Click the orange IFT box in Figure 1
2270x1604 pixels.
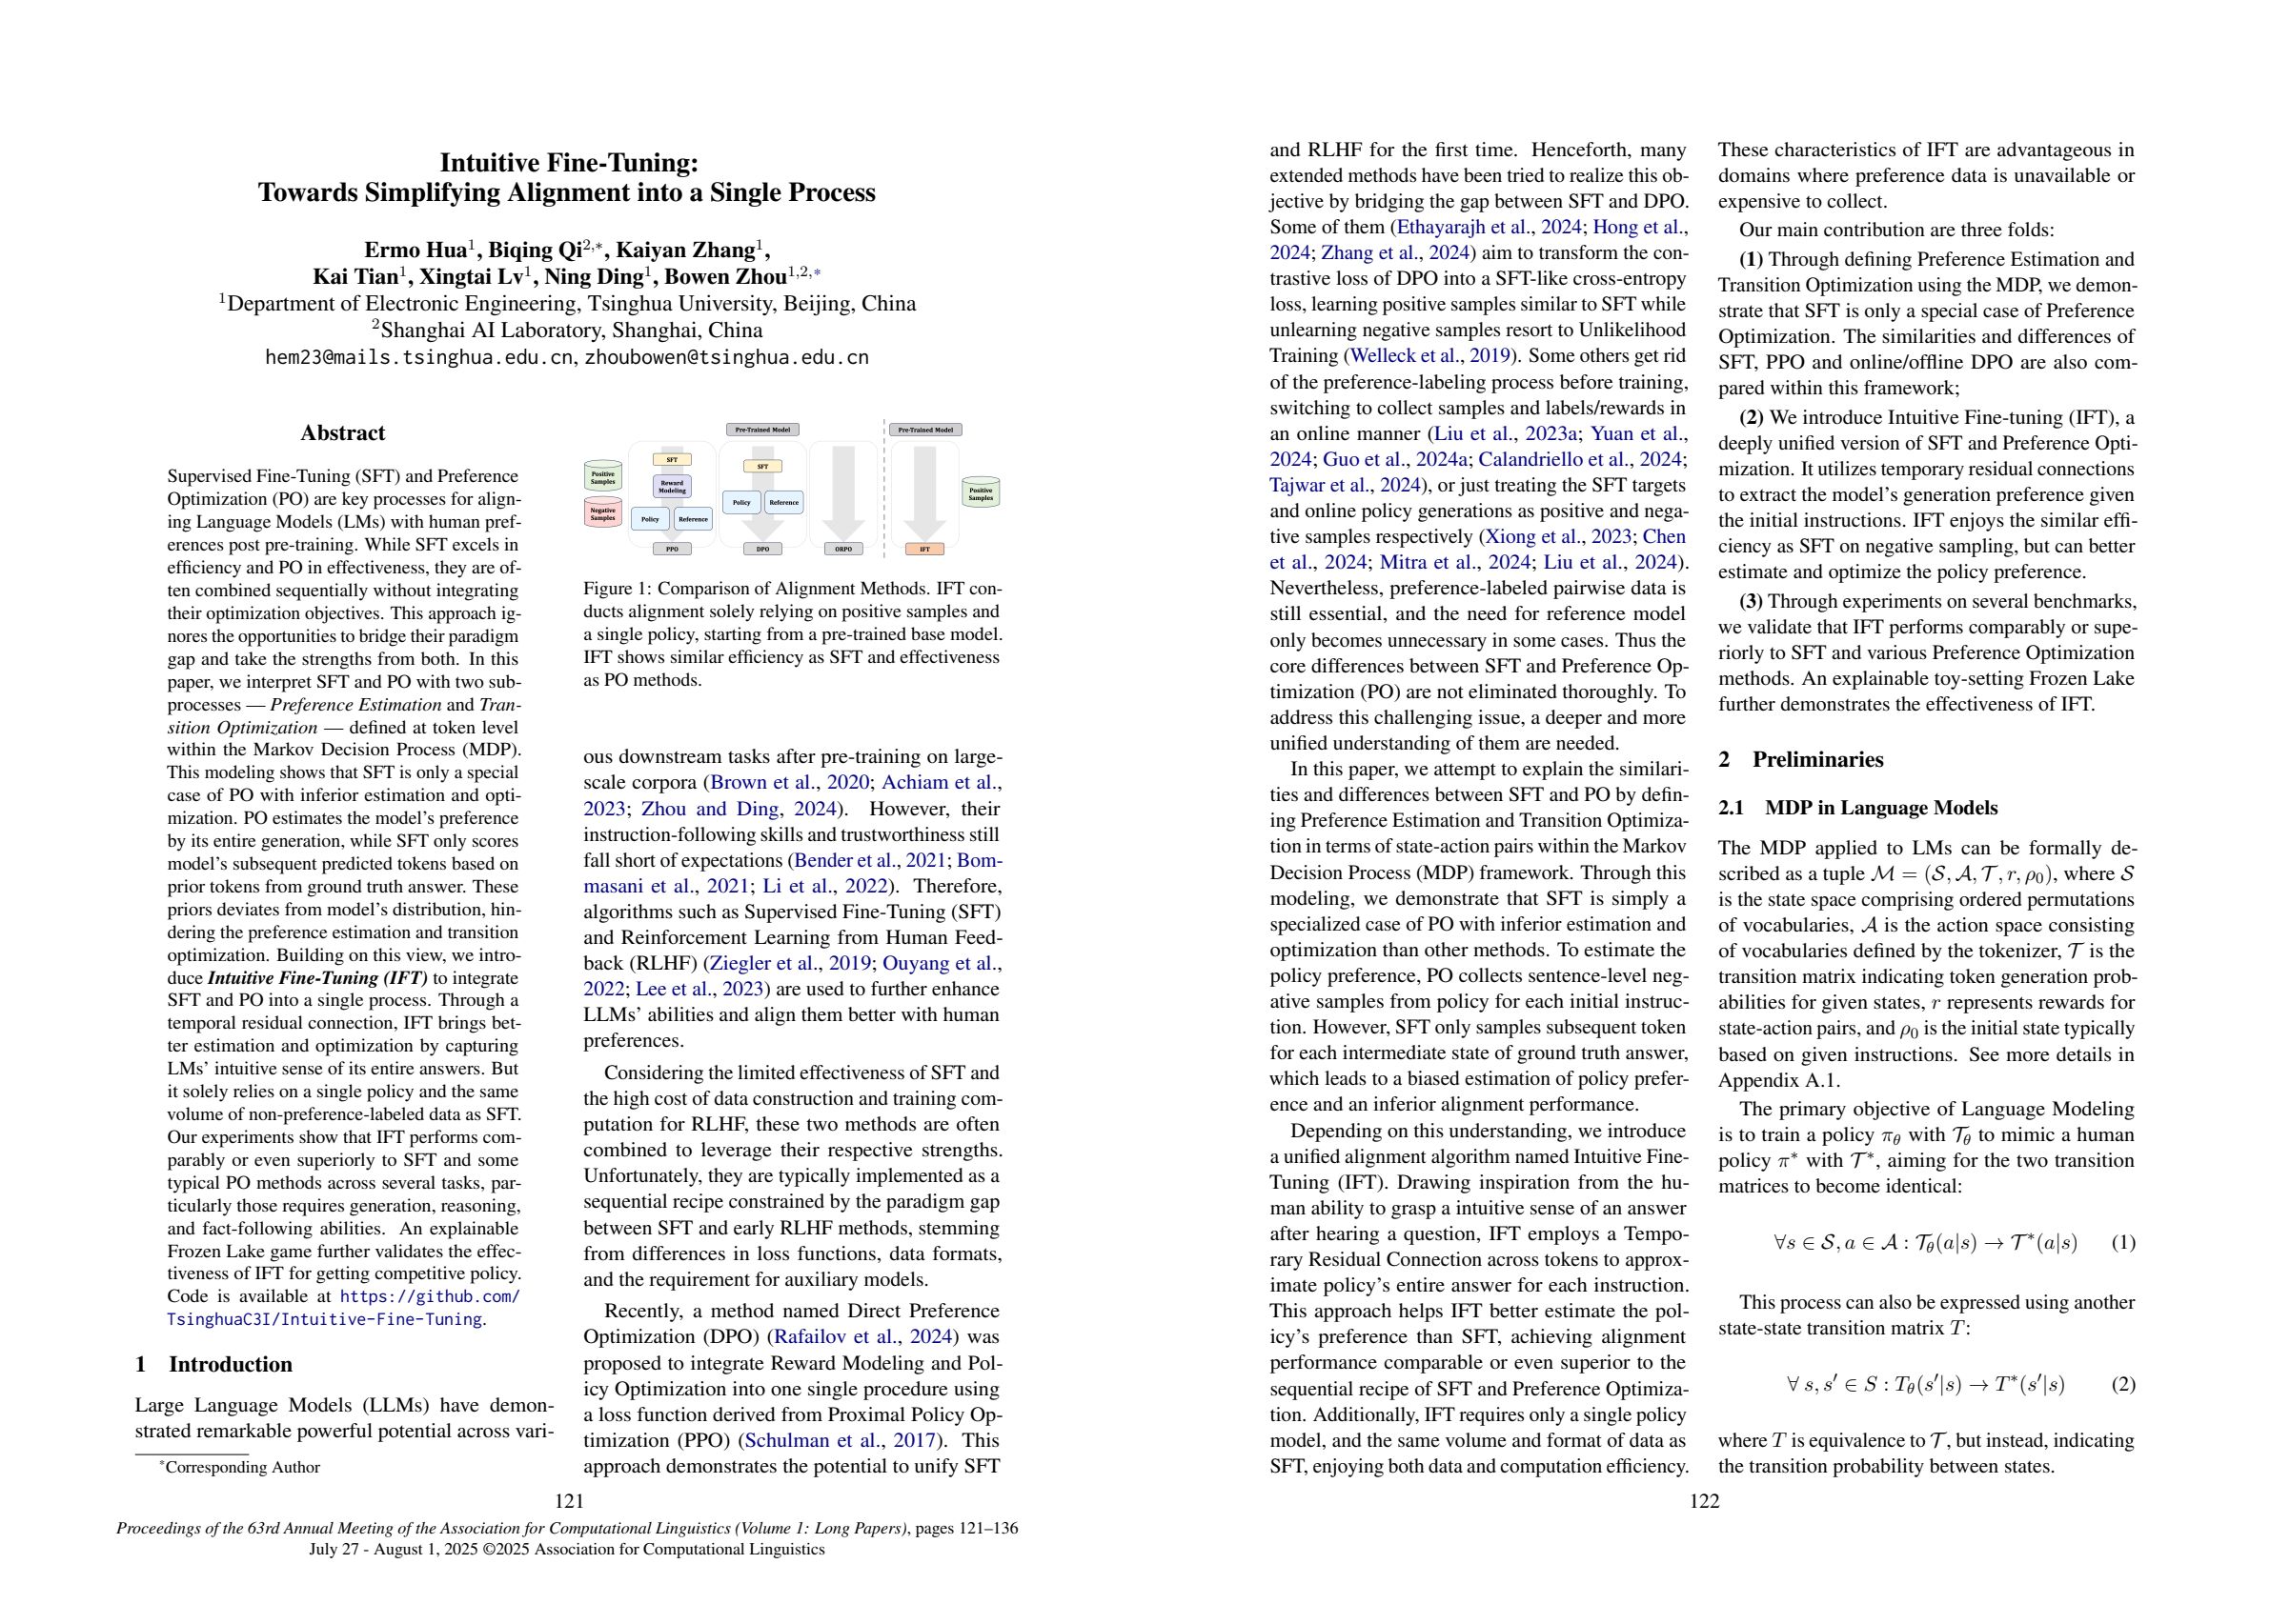click(x=924, y=549)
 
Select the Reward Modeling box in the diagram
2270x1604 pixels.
click(x=671, y=486)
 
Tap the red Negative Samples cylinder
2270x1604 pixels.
click(x=602, y=513)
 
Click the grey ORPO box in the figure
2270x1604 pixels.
click(x=843, y=549)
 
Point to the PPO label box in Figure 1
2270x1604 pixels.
click(x=671, y=549)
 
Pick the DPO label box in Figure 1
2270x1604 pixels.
click(x=762, y=549)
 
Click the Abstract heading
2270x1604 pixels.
click(x=342, y=432)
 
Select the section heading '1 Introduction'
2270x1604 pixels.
click(x=213, y=1364)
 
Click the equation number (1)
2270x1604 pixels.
click(x=2122, y=1242)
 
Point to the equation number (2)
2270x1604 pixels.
click(x=2122, y=1384)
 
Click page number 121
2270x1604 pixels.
click(x=569, y=1501)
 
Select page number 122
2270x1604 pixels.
click(x=1705, y=1501)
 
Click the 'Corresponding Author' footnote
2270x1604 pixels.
click(x=241, y=1468)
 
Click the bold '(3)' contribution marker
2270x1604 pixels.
click(x=1751, y=601)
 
